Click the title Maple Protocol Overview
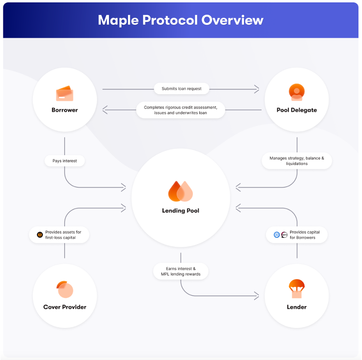click(x=181, y=20)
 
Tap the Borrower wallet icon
click(x=64, y=94)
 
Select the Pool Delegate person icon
click(x=297, y=92)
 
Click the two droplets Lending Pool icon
click(x=181, y=191)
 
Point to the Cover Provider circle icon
click(x=64, y=289)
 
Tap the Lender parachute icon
click(x=297, y=289)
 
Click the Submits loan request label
click(x=181, y=89)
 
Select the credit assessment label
click(x=181, y=110)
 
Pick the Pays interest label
click(x=64, y=161)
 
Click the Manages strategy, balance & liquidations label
click(x=297, y=161)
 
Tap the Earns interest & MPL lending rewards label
click(x=181, y=271)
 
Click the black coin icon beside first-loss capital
click(x=40, y=235)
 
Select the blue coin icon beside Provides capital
click(x=277, y=235)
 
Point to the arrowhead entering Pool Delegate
click(x=257, y=89)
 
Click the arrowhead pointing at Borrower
click(x=105, y=110)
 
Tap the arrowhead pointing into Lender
click(x=257, y=296)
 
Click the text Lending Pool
click(x=181, y=211)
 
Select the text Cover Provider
click(x=64, y=307)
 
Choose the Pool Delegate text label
click(x=297, y=110)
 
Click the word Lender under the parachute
click(x=297, y=307)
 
